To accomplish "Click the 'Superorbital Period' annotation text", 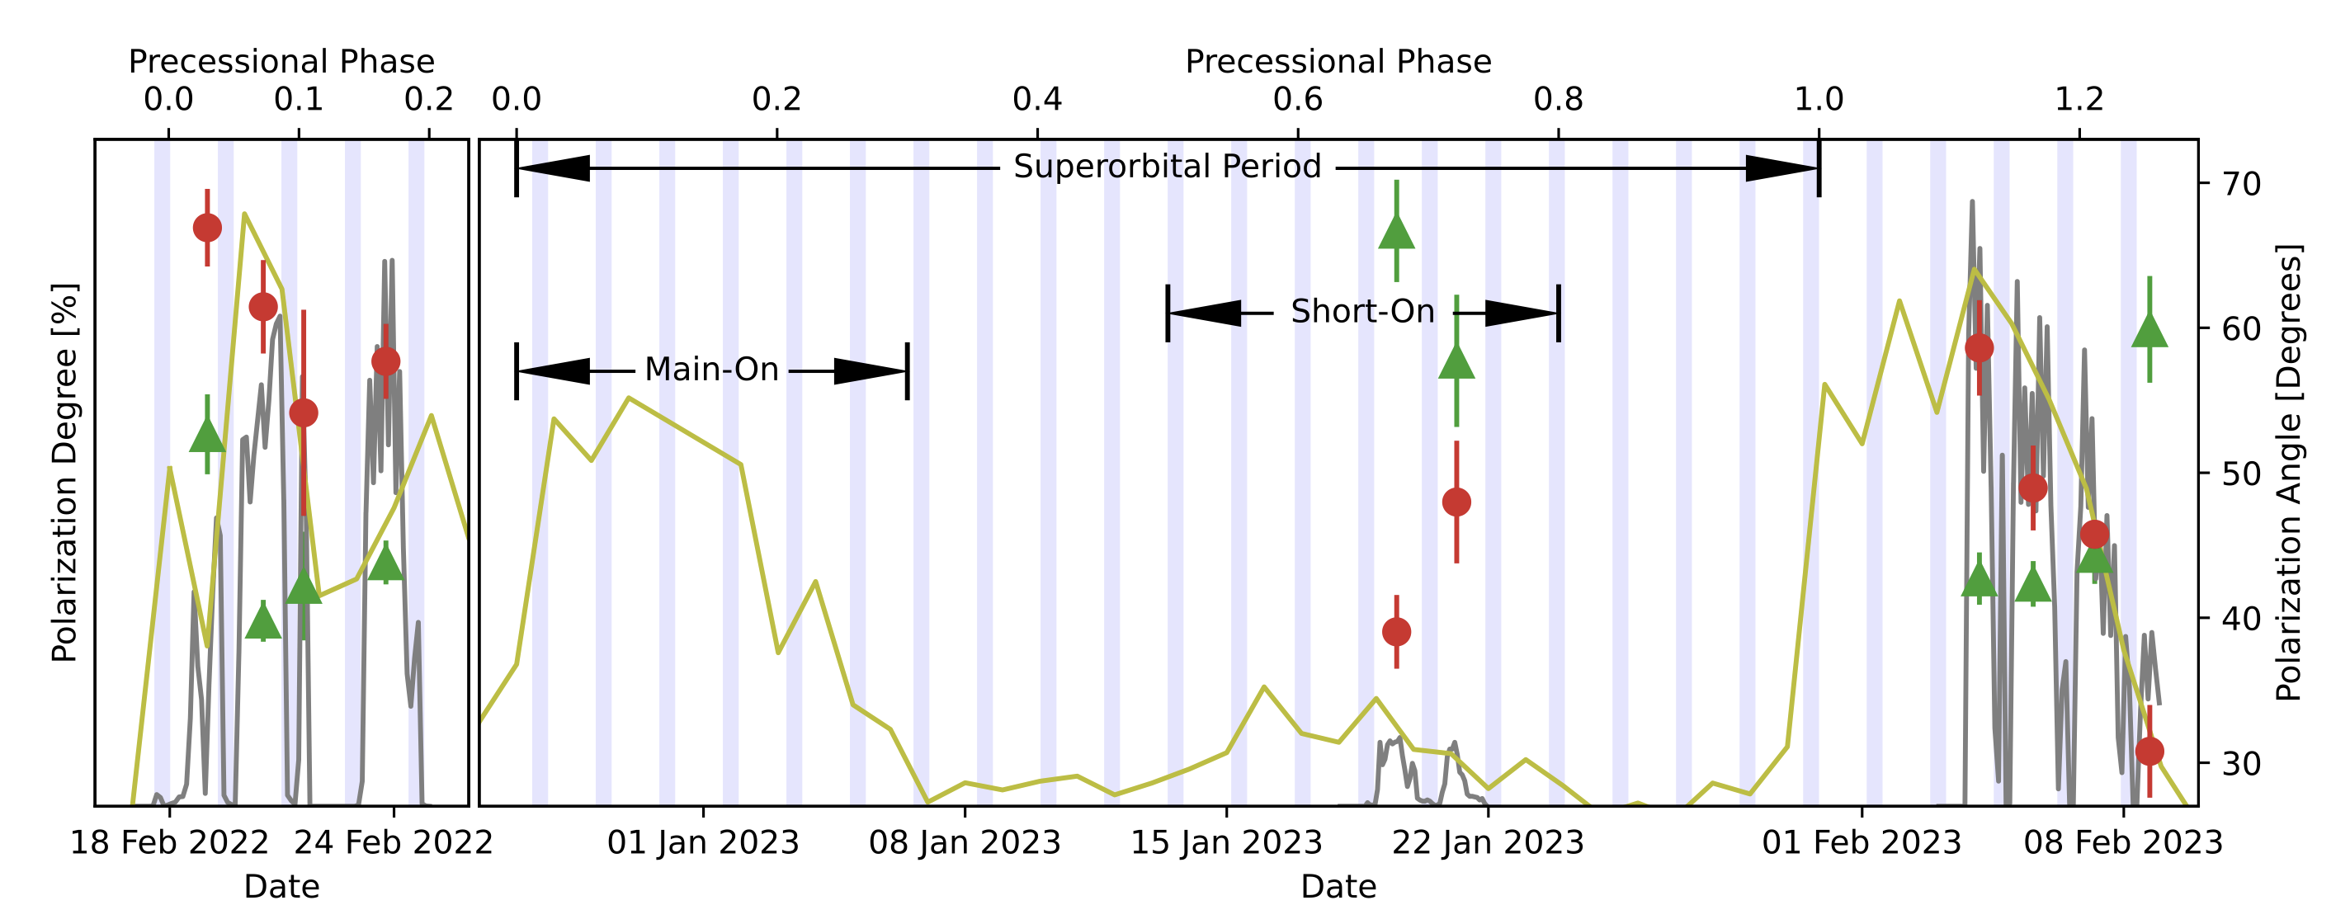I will point(1167,167).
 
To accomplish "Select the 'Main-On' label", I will point(711,370).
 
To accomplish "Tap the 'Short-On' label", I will point(1362,312).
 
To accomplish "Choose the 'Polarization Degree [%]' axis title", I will point(64,473).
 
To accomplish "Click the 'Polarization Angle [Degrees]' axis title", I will point(2289,473).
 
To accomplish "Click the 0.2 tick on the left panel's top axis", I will point(429,98).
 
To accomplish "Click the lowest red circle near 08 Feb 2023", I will point(2149,752).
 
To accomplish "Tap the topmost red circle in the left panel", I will point(207,228).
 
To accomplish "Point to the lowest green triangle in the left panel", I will point(262,623).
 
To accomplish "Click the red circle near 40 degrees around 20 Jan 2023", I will point(1397,631).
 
